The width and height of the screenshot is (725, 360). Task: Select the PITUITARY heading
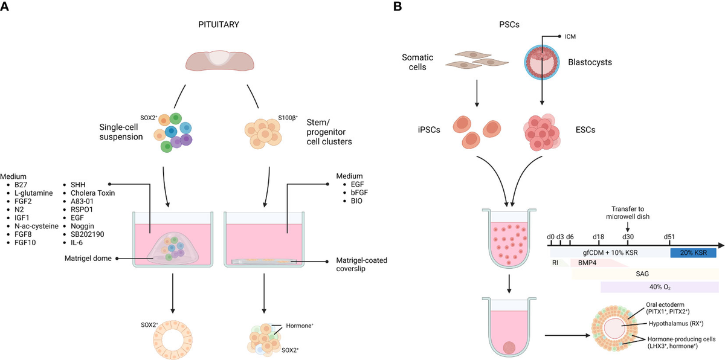[x=219, y=25]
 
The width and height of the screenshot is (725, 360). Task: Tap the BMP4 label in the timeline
[x=586, y=263]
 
